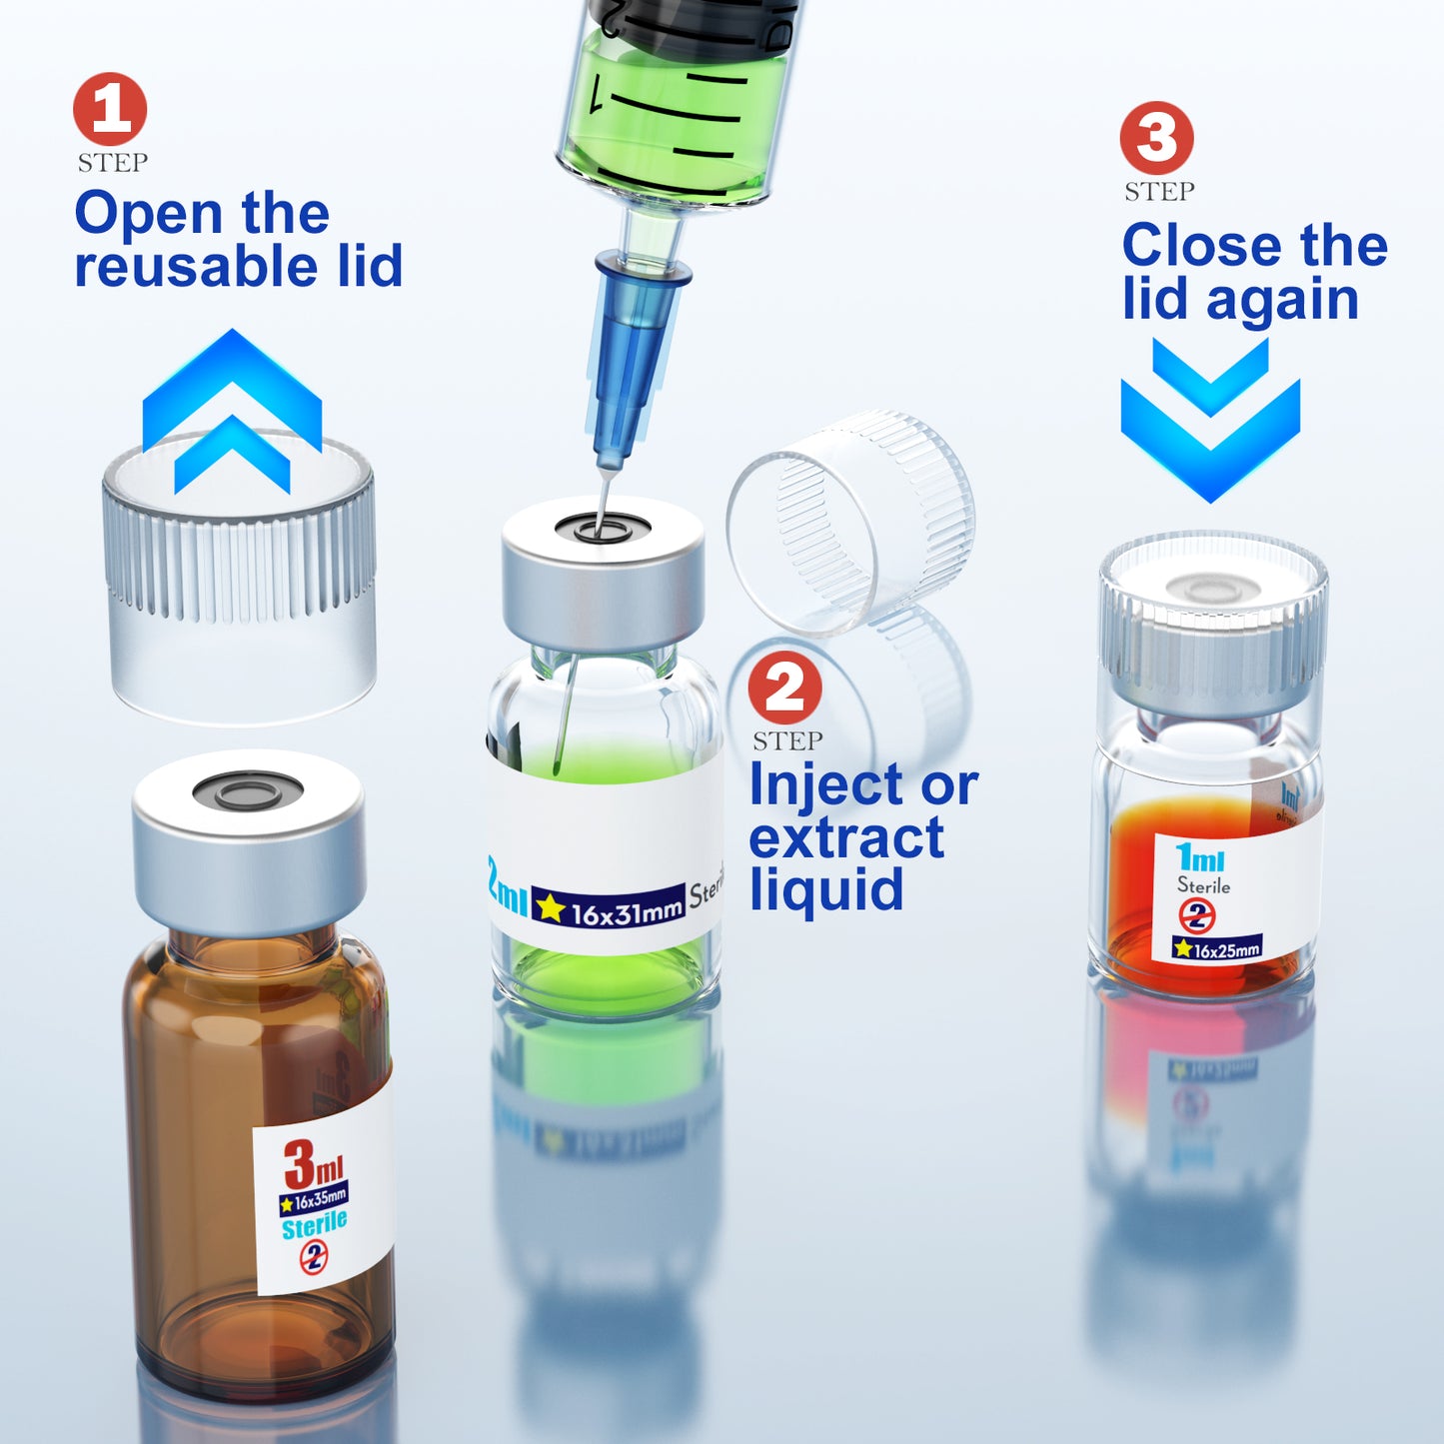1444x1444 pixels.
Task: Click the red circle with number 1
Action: click(110, 109)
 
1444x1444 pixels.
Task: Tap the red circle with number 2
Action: click(785, 688)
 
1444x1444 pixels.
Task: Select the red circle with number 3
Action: click(1156, 138)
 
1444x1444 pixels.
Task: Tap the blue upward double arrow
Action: click(232, 410)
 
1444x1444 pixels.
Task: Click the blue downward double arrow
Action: click(1210, 420)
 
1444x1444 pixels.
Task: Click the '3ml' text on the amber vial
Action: click(313, 1164)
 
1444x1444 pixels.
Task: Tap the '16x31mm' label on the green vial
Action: click(626, 910)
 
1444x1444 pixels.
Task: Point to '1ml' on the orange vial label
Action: click(1199, 857)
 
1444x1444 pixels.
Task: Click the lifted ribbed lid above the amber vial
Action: click(240, 580)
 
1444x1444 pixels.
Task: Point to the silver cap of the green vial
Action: click(603, 580)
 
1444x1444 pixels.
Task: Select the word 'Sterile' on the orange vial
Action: click(1203, 885)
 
